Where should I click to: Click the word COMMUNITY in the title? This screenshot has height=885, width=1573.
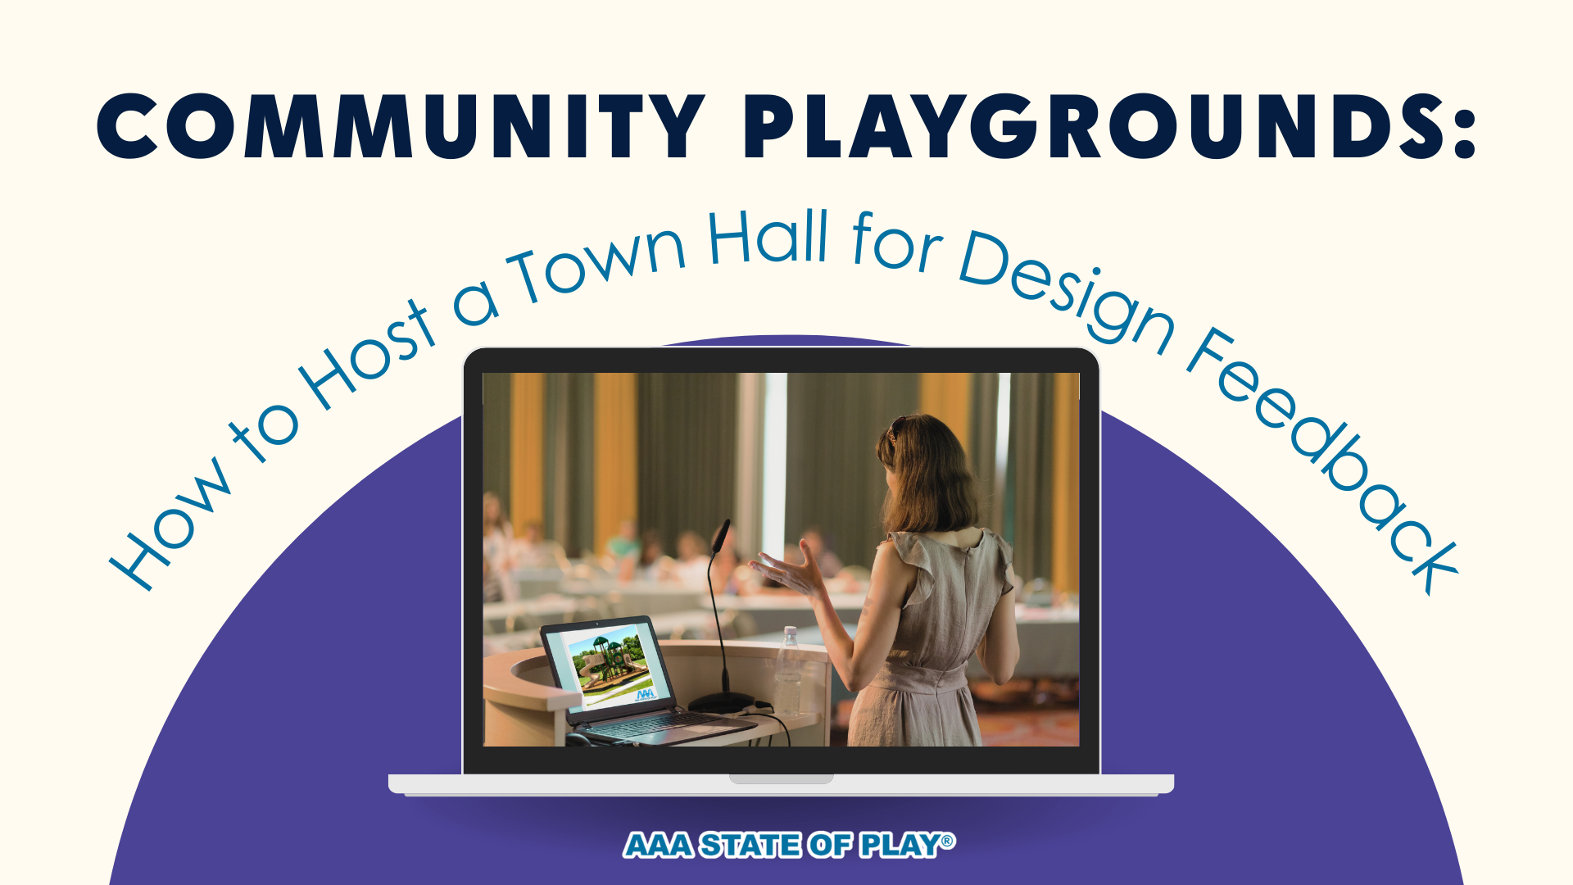[401, 126]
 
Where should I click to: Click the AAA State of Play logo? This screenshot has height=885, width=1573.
[789, 845]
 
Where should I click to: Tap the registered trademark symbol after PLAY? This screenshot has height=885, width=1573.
[948, 841]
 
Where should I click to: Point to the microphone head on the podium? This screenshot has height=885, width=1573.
[721, 536]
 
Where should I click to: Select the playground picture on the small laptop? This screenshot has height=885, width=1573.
[610, 665]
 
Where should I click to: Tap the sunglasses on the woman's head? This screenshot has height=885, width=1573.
[895, 427]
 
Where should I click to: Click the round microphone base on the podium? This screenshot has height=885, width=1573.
[721, 702]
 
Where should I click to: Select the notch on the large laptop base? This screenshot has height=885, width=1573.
[781, 778]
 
